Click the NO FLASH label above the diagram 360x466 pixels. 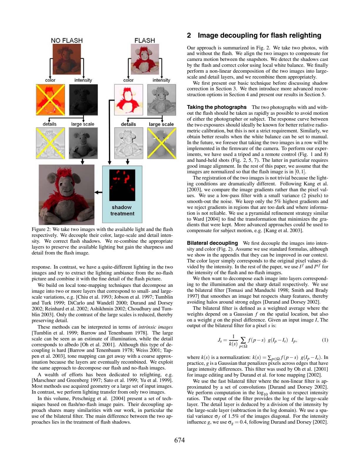click(67, 40)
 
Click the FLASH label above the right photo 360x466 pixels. click(144, 40)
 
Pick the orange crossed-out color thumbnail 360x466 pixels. click(50, 100)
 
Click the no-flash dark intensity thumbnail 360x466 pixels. click(83, 100)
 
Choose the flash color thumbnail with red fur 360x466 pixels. click(129, 100)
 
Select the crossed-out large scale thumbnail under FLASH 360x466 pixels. click(162, 143)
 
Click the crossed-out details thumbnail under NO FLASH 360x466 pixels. click(50, 143)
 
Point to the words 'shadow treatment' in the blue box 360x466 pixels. click(122, 210)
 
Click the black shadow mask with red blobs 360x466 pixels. click(122, 185)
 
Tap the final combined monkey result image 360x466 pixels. click(67, 194)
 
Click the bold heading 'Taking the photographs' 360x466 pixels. click(217, 107)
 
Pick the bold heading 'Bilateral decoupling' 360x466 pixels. click(212, 243)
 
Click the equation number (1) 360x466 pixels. click(325, 340)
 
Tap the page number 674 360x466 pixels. click(180, 440)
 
